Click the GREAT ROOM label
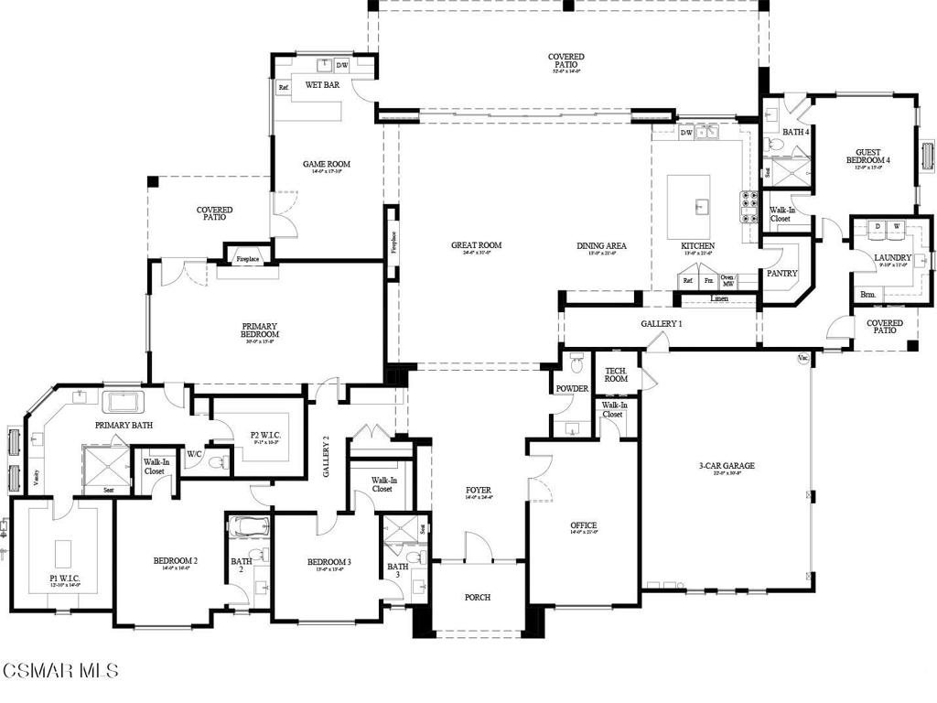coord(476,245)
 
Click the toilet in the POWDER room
coord(576,364)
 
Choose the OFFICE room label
coord(583,525)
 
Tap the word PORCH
coord(477,597)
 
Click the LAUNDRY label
coord(891,258)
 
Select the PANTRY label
coord(781,274)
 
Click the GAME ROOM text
coord(327,165)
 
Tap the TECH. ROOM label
coord(616,374)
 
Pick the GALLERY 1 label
coord(661,324)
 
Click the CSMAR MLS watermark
coord(60,671)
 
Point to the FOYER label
coord(478,491)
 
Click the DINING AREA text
coord(601,245)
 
